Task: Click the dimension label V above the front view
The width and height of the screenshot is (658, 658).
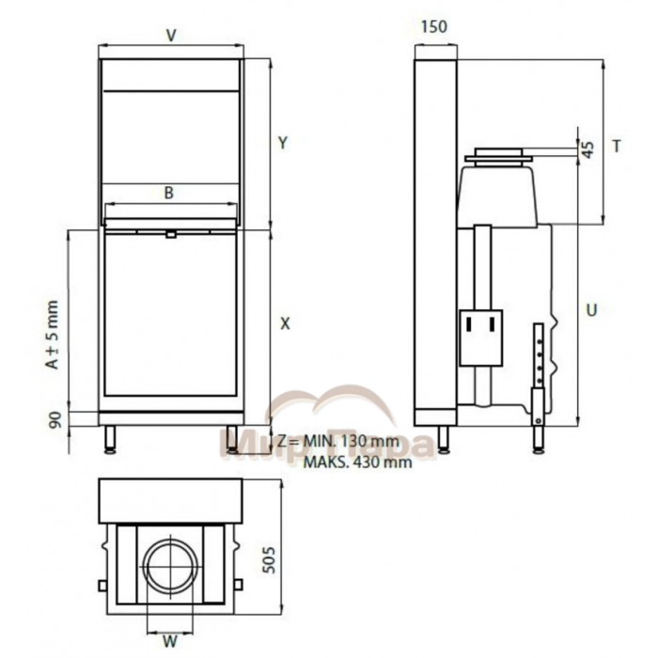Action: [x=171, y=36]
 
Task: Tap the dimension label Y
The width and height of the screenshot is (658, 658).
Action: [x=283, y=143]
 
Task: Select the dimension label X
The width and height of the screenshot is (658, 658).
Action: [x=285, y=323]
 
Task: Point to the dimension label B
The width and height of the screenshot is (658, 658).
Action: [x=168, y=193]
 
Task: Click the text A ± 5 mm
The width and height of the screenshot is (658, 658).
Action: [x=53, y=335]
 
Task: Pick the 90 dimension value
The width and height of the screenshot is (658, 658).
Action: [x=55, y=419]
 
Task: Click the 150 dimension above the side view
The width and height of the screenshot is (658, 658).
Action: [x=434, y=27]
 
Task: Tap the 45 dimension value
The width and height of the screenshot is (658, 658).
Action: [x=589, y=149]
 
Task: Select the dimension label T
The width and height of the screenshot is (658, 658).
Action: [x=617, y=146]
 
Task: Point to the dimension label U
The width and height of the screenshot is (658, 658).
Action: [x=591, y=310]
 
